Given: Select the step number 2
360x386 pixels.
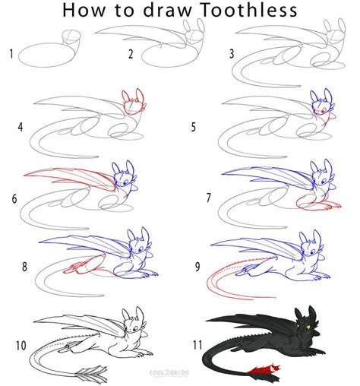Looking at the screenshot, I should click(x=131, y=53).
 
